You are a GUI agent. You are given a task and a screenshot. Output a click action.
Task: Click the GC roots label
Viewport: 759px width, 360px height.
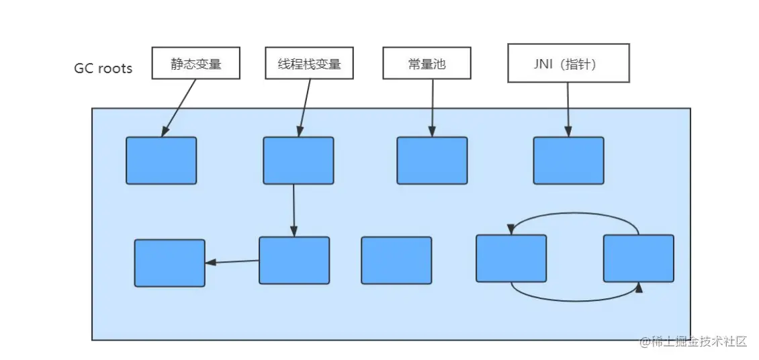point(103,69)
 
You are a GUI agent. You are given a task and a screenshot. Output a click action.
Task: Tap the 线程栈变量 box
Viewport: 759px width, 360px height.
point(309,64)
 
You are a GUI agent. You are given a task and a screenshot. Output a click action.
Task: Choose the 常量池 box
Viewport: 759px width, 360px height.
point(427,64)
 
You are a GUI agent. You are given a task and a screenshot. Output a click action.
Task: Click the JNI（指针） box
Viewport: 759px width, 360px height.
point(568,63)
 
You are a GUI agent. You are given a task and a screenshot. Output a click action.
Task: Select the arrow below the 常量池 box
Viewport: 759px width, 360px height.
point(431,107)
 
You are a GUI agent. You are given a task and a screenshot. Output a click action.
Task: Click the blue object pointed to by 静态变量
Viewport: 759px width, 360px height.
point(161,161)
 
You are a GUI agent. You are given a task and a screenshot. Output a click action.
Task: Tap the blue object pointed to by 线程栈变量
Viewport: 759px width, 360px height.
point(298,161)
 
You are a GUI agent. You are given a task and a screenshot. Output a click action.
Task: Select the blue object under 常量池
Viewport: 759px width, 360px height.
point(432,161)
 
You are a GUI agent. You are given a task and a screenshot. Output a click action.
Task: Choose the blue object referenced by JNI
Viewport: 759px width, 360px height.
point(568,161)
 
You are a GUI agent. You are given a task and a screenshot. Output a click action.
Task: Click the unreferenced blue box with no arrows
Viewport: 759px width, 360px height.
point(396,260)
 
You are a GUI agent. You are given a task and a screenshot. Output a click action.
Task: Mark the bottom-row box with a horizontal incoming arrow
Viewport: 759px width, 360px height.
point(169,263)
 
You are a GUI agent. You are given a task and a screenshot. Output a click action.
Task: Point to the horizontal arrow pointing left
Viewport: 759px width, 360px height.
point(232,261)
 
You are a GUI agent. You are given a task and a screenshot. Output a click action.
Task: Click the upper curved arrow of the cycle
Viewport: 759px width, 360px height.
point(574,214)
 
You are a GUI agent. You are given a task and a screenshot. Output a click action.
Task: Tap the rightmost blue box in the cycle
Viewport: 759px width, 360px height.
point(638,258)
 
